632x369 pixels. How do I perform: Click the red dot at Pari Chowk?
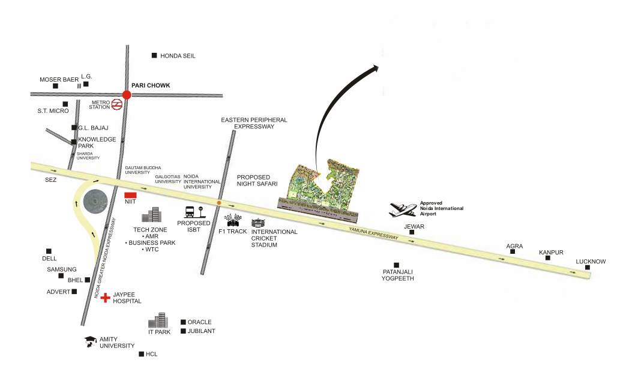126,95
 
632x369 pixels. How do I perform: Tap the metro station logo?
118,104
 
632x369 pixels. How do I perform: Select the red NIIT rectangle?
130,195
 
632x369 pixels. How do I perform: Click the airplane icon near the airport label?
403,209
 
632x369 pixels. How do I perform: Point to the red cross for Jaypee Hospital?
106,297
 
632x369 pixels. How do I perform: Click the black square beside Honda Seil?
154,55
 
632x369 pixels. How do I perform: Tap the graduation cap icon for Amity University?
91,340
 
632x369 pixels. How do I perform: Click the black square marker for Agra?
513,251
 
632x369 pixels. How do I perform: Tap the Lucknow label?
591,262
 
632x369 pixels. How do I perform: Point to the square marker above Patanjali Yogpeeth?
396,265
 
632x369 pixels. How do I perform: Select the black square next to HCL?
141,354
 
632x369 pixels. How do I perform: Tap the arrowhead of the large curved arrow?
376,68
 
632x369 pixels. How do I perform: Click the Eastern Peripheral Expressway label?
254,123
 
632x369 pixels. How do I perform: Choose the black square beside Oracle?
183,322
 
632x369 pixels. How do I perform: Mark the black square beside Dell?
49,251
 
